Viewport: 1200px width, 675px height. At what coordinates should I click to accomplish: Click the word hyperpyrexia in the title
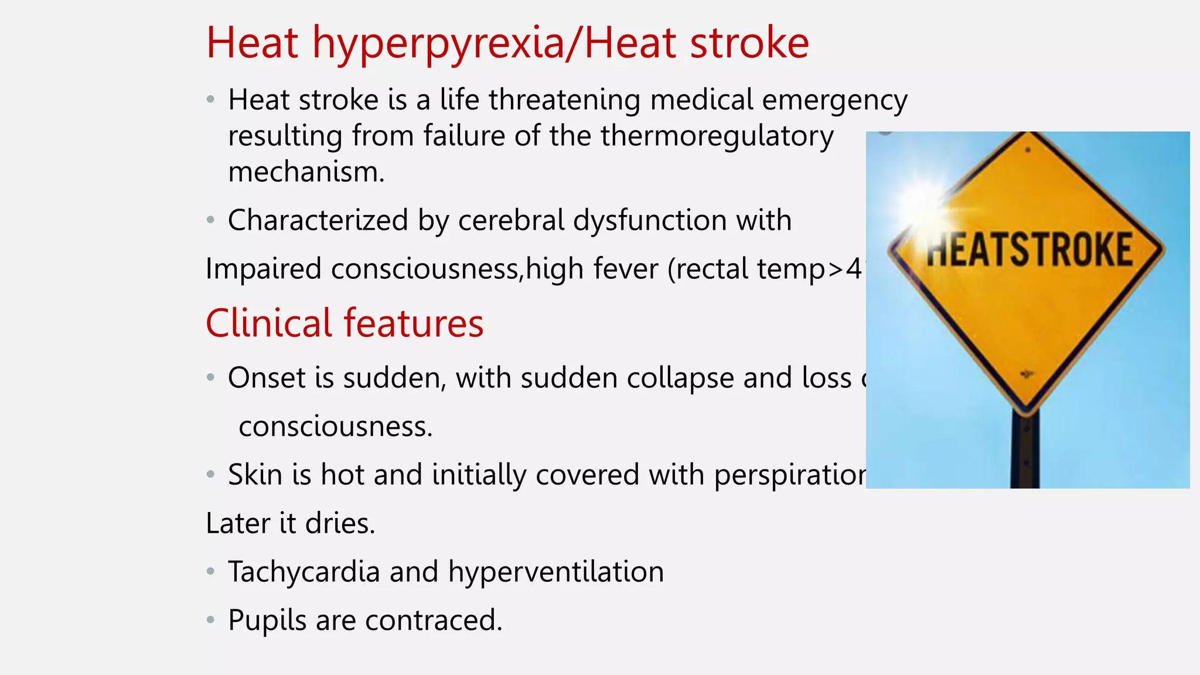[x=439, y=44]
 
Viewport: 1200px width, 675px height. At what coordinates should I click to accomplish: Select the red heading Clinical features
[x=345, y=323]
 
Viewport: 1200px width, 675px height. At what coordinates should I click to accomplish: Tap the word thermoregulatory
[x=717, y=136]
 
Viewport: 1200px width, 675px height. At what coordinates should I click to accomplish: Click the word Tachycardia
[x=304, y=572]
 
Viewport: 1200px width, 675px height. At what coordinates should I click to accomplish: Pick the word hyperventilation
[x=556, y=572]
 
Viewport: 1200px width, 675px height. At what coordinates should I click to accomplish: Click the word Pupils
[x=267, y=620]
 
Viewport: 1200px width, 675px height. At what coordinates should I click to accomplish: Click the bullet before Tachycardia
[x=211, y=571]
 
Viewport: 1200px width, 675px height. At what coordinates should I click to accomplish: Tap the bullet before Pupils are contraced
[x=211, y=619]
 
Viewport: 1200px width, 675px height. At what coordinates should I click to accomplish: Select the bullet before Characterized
[x=211, y=220]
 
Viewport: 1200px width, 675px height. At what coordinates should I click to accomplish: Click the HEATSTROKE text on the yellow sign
[x=1029, y=250]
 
